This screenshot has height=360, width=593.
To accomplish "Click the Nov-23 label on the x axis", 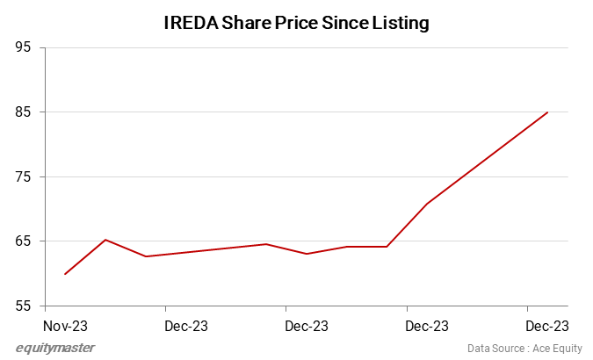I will click(x=66, y=326).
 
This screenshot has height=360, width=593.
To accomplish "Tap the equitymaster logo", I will click(x=55, y=348).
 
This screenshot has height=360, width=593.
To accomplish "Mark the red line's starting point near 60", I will click(x=65, y=274).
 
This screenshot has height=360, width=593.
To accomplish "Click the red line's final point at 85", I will click(x=547, y=112).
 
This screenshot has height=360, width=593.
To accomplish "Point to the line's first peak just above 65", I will click(x=105, y=240).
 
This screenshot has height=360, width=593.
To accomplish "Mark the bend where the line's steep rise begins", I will click(x=387, y=247).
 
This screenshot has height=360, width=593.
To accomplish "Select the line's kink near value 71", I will click(x=427, y=204).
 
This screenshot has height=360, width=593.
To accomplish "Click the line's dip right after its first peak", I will click(x=146, y=256).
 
